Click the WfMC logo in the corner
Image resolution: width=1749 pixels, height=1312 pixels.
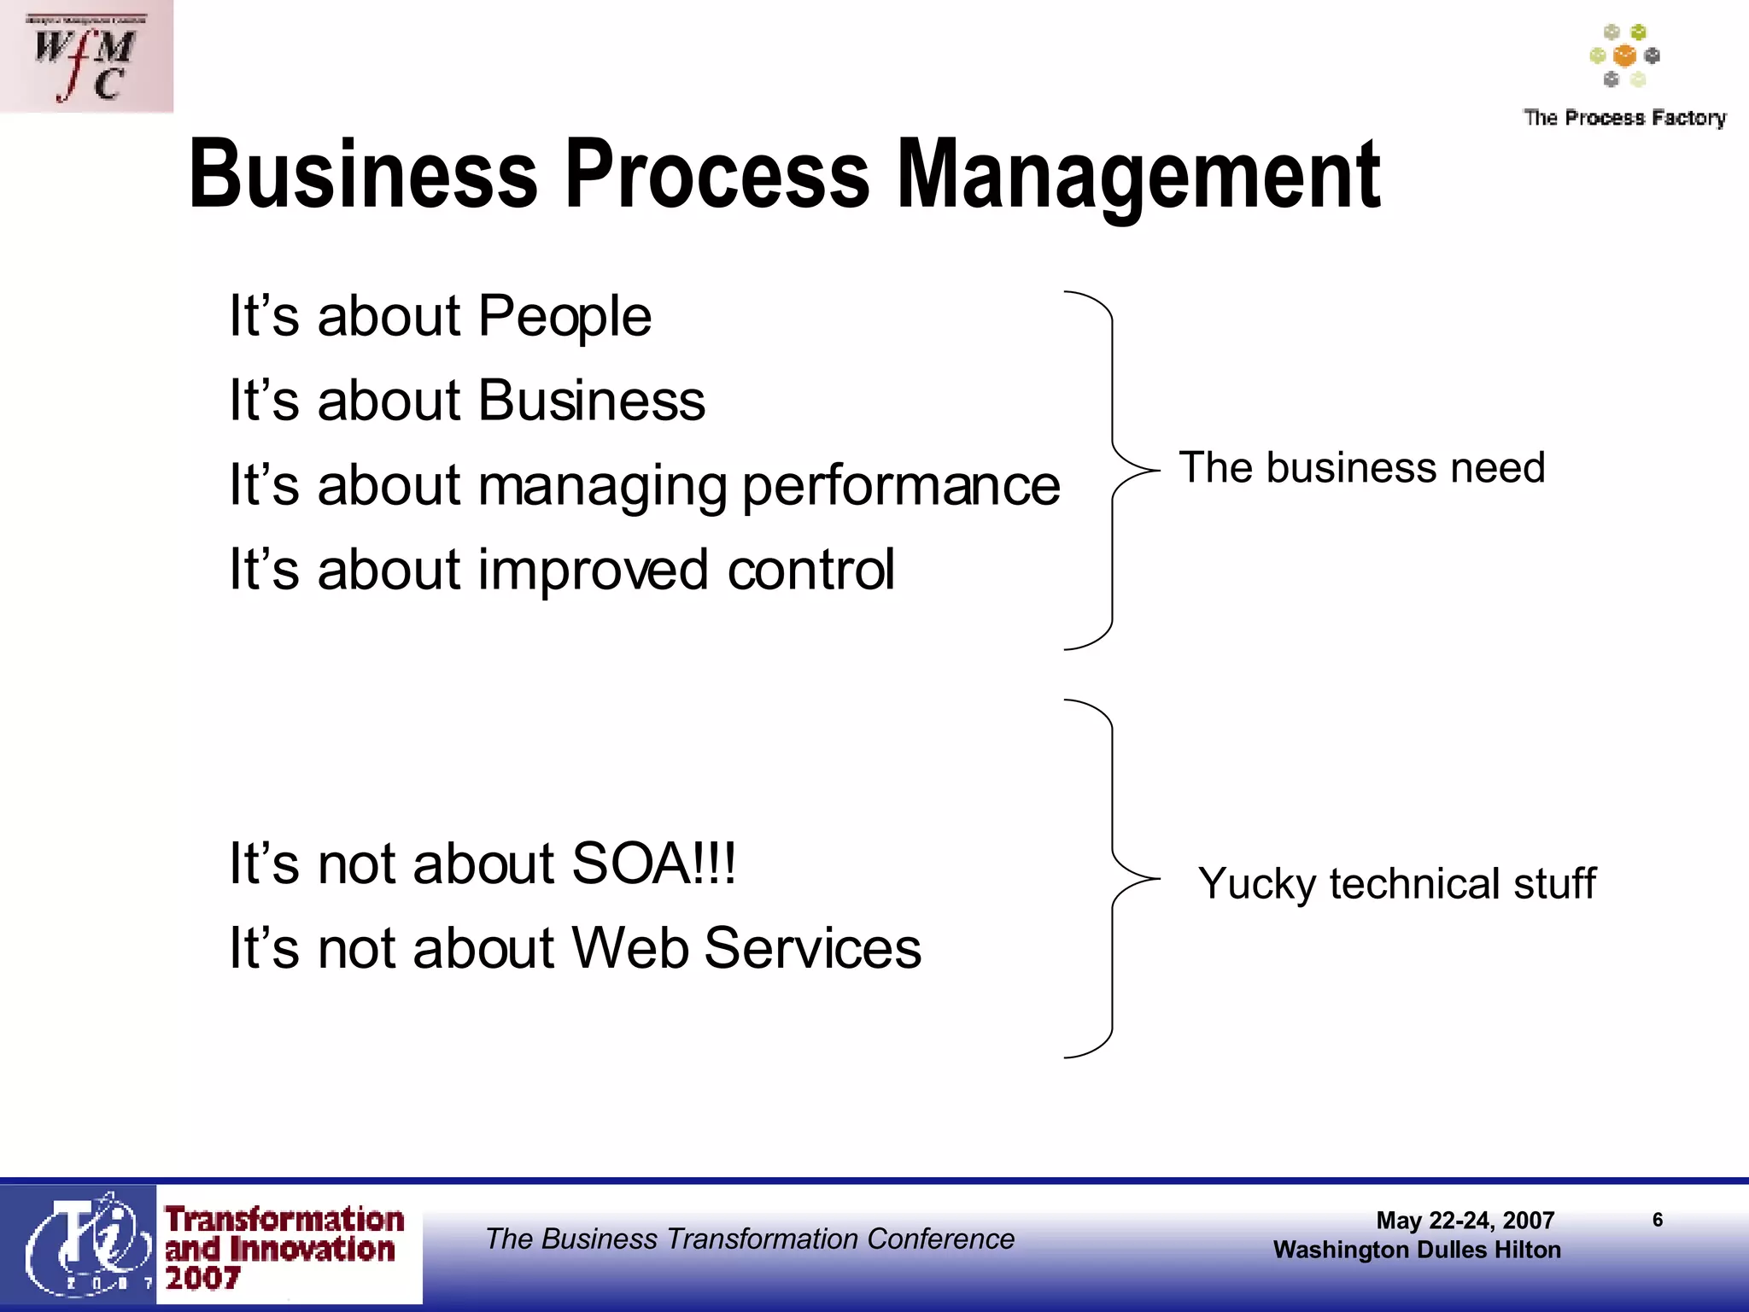pyautogui.click(x=85, y=56)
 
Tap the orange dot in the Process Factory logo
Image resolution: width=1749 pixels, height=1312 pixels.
pyautogui.click(x=1624, y=56)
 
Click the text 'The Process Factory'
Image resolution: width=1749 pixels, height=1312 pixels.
pyautogui.click(x=1624, y=117)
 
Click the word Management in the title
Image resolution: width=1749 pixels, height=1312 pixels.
pyautogui.click(x=1138, y=175)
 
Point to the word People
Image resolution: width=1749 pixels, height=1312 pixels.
pyautogui.click(x=564, y=317)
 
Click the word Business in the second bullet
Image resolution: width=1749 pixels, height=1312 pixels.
pyautogui.click(x=592, y=401)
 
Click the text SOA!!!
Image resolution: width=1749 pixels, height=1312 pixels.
pyautogui.click(x=653, y=864)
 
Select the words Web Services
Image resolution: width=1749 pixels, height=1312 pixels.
pyautogui.click(x=746, y=948)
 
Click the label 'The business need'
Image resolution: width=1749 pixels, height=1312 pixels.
pyautogui.click(x=1362, y=468)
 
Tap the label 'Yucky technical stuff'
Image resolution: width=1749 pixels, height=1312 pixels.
pyautogui.click(x=1396, y=883)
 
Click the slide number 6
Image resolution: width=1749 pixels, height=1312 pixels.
pyautogui.click(x=1658, y=1220)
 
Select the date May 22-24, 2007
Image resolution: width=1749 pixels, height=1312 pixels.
pyautogui.click(x=1465, y=1221)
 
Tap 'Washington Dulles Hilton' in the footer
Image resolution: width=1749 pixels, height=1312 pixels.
pyautogui.click(x=1417, y=1250)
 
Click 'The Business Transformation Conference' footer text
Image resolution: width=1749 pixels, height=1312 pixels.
pyautogui.click(x=750, y=1239)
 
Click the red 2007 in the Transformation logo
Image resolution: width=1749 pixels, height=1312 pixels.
pyautogui.click(x=202, y=1279)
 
